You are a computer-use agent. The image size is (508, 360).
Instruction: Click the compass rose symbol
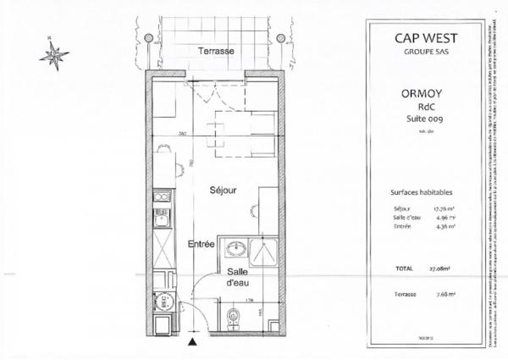click(x=56, y=55)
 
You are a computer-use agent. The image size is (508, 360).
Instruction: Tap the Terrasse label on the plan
click(x=216, y=52)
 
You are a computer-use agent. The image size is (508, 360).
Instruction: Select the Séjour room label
click(x=222, y=191)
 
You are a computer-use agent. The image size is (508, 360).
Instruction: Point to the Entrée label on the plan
click(x=201, y=244)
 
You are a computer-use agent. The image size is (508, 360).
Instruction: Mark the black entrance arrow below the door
click(x=194, y=341)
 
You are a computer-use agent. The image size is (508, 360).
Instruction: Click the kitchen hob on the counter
click(x=161, y=202)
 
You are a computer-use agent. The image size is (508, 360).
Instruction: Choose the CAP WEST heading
click(x=420, y=37)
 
